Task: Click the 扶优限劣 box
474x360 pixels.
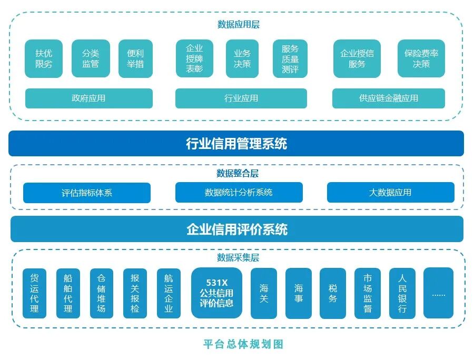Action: (44, 58)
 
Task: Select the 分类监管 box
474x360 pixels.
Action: (91, 58)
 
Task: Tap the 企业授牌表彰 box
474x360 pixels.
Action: (194, 58)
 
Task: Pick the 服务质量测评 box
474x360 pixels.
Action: (290, 58)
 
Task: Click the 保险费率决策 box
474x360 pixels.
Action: (421, 58)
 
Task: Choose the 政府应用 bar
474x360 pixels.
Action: (88, 98)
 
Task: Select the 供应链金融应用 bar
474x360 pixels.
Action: (388, 98)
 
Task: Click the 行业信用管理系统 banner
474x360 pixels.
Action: (236, 144)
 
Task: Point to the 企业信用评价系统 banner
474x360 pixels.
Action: (236, 229)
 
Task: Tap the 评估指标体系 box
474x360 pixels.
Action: (86, 193)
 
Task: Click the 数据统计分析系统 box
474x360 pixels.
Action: (239, 193)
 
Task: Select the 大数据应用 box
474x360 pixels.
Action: (390, 193)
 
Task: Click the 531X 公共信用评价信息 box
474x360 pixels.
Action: (216, 293)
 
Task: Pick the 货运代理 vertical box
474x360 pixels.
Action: (34, 293)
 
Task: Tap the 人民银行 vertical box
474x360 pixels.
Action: (402, 293)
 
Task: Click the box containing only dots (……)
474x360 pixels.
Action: (438, 293)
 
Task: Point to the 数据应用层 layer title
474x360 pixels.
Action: (238, 24)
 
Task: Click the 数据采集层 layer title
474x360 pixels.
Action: (238, 257)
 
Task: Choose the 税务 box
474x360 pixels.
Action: (333, 293)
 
